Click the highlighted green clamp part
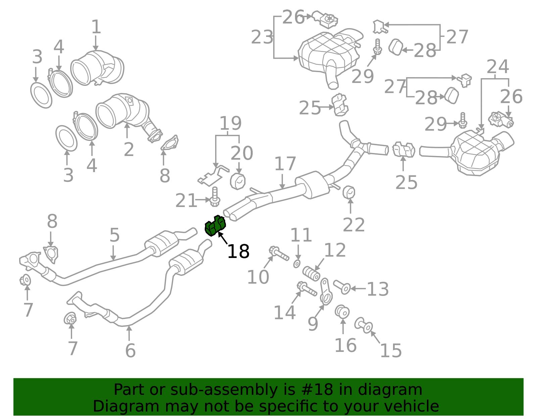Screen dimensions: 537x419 [215, 226]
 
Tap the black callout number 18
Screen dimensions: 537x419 [238, 252]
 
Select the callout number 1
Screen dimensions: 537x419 [96, 27]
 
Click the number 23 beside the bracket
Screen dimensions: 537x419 [262, 37]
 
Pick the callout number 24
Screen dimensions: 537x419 [498, 66]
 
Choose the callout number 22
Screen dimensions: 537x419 [354, 225]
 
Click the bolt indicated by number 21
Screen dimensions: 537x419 [215, 197]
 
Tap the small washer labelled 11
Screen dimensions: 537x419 [297, 264]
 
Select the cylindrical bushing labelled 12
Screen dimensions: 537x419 [311, 273]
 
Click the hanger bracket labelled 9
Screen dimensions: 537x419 [326, 292]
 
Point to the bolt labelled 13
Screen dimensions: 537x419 [342, 287]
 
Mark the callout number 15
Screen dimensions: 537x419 [391, 350]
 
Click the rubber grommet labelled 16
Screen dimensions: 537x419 [342, 312]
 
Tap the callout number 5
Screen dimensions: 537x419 [115, 235]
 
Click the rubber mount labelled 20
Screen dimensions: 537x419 [238, 181]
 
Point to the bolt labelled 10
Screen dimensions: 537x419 [279, 254]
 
